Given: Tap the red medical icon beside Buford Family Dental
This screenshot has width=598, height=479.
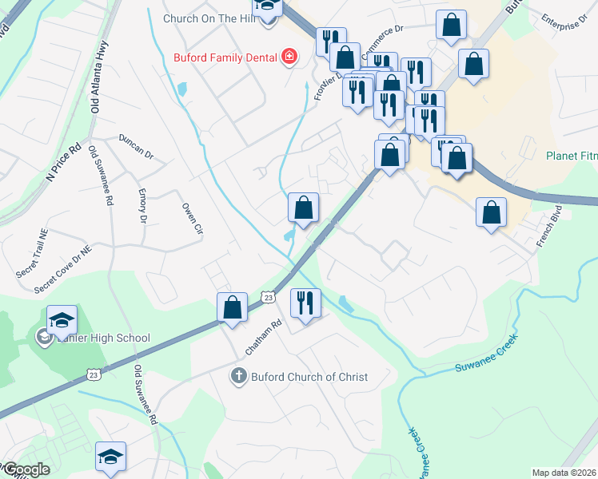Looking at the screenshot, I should point(288,57).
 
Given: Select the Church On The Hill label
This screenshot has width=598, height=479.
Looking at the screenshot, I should point(209,18).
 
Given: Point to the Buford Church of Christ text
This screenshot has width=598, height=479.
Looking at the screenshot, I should point(309,377).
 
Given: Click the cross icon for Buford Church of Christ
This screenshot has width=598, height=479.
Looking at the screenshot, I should point(238,376).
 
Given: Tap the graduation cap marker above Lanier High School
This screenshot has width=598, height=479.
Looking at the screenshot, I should point(62,320).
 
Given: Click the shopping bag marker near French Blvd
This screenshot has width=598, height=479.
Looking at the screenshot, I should point(491,213).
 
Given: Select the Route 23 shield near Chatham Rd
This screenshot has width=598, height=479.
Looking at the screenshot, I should point(270,297).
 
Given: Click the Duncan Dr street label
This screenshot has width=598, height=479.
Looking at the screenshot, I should point(136,144).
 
